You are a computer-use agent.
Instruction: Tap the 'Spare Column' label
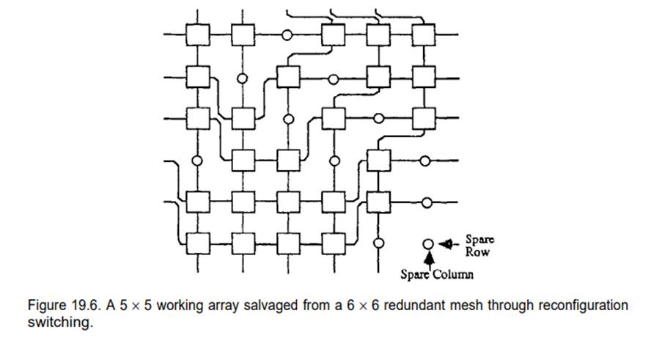click(437, 274)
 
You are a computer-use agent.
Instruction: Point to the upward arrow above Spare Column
click(428, 258)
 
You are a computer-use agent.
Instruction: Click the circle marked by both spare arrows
click(428, 244)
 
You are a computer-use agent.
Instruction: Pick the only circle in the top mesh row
click(287, 34)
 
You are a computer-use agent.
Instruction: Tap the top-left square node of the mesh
click(196, 34)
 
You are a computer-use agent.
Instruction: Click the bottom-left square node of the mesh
click(196, 241)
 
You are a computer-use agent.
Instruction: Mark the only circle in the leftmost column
click(196, 160)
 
